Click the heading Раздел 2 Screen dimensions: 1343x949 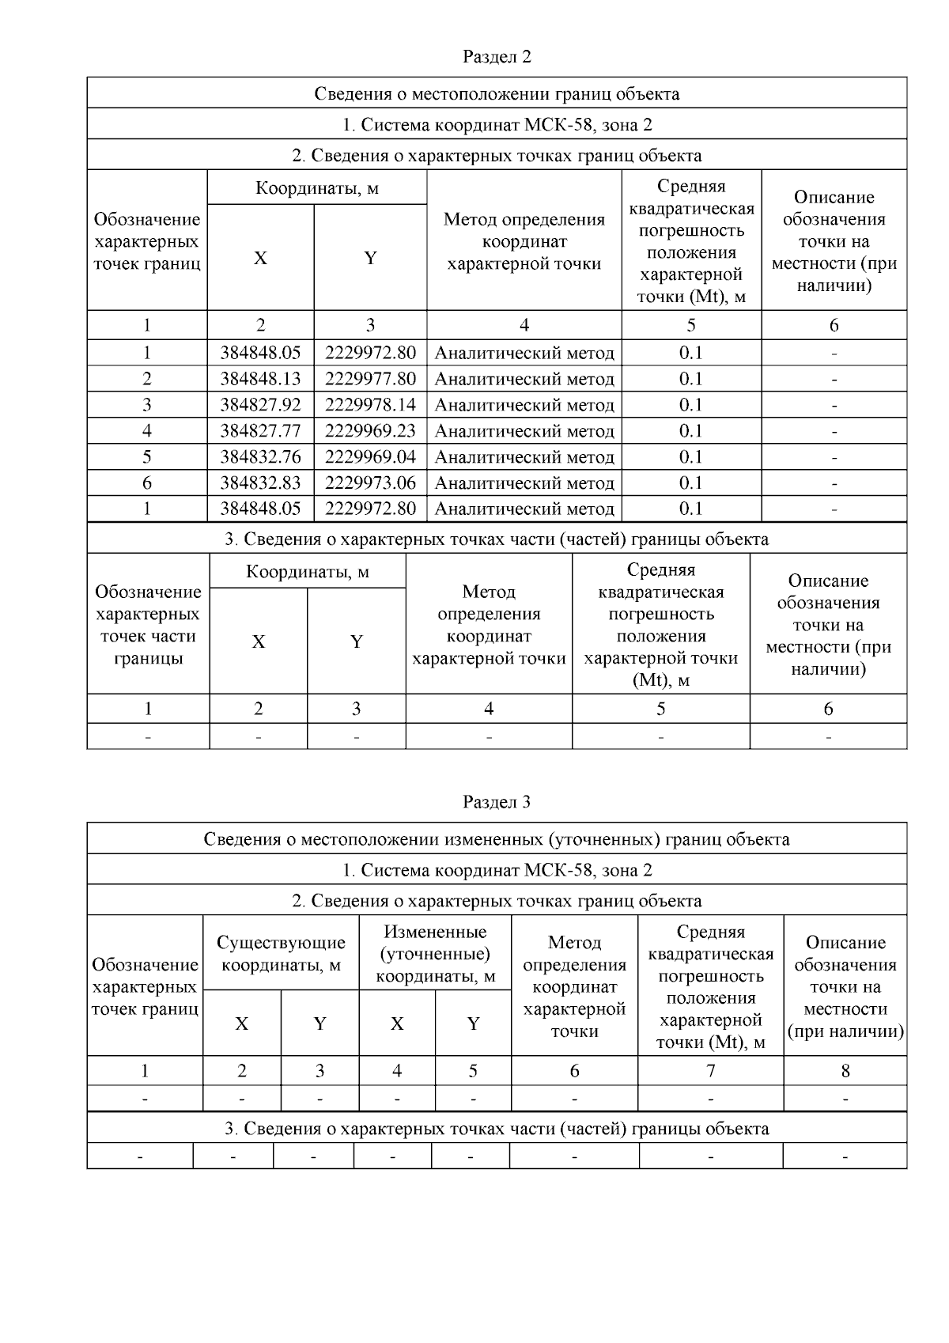coord(496,57)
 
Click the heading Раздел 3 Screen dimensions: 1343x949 coord(496,802)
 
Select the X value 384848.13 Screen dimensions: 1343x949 coord(260,379)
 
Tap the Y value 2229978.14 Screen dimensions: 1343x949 coord(370,405)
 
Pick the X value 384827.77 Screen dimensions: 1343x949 coord(260,431)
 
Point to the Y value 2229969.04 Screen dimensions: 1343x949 coord(370,457)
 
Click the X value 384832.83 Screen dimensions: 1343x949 coord(260,483)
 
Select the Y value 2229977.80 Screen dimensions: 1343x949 coord(370,379)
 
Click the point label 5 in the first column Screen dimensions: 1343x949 coord(147,457)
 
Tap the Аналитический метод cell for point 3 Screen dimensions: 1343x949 coord(524,405)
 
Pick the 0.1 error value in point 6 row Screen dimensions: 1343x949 coord(690,483)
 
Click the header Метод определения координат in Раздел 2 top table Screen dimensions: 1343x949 coord(524,241)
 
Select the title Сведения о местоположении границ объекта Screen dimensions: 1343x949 coord(496,94)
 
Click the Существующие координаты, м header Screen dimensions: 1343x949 coord(281,954)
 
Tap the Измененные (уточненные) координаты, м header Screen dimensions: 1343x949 coord(435,954)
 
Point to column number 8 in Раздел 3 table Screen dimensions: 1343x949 coord(845,1071)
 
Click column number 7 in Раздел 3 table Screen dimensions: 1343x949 coord(710,1071)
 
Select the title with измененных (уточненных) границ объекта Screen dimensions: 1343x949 coord(496,839)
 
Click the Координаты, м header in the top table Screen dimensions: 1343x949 coord(316,188)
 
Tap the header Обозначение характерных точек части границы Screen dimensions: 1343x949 coord(148,625)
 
